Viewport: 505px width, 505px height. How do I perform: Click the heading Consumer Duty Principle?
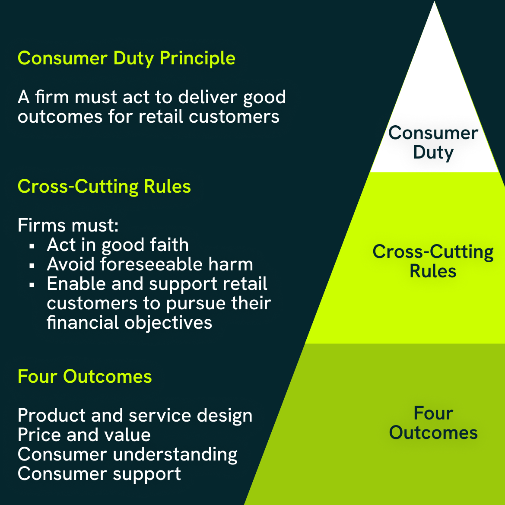pyautogui.click(x=126, y=58)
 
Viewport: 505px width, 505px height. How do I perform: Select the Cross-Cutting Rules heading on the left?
pyautogui.click(x=104, y=187)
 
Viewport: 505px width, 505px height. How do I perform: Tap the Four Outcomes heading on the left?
pyautogui.click(x=85, y=376)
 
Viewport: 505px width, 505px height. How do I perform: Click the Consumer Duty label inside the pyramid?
pyautogui.click(x=433, y=143)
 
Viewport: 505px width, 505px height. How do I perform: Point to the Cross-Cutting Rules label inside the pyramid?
pyautogui.click(x=433, y=261)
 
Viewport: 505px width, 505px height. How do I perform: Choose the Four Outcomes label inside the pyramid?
pyautogui.click(x=433, y=423)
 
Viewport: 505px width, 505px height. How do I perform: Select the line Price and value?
pyautogui.click(x=84, y=435)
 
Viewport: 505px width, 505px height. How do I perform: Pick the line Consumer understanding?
pyautogui.click(x=127, y=454)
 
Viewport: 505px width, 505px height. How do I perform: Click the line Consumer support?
pyautogui.click(x=99, y=474)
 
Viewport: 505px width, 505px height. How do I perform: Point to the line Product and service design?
pyautogui.click(x=135, y=416)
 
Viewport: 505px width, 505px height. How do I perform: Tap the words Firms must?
pyautogui.click(x=68, y=226)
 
